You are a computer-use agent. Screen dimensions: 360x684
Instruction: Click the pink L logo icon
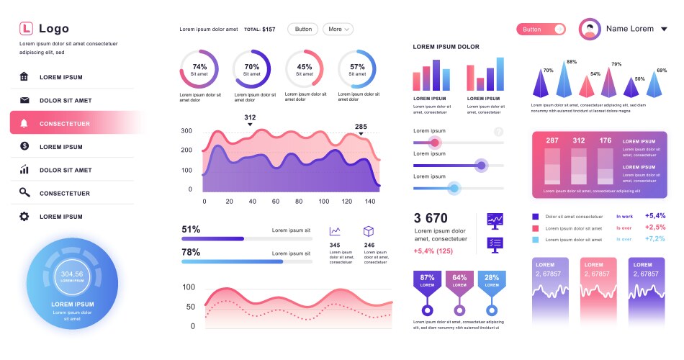(x=26, y=29)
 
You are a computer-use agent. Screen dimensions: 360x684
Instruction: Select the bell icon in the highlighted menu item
(x=24, y=124)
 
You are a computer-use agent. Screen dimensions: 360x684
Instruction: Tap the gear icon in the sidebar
(x=24, y=216)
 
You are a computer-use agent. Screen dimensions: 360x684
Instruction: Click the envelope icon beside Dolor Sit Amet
(x=24, y=101)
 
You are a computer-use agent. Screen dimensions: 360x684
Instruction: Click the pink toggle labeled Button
(x=541, y=30)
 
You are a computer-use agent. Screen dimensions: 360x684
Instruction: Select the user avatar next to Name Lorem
(x=590, y=30)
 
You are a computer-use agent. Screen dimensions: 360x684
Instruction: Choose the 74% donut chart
(x=199, y=69)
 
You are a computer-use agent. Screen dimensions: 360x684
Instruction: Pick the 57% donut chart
(x=357, y=69)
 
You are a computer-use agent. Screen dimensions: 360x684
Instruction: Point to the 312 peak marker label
(x=250, y=117)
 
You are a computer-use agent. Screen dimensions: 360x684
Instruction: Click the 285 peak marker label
(x=361, y=127)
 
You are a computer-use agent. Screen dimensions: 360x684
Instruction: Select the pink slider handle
(x=434, y=143)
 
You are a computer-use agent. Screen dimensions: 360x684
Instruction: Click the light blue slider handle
(x=454, y=189)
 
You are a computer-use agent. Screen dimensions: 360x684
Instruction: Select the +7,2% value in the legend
(x=655, y=239)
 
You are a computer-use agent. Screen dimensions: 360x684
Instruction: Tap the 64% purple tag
(x=459, y=281)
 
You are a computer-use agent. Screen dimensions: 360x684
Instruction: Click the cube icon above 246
(x=369, y=231)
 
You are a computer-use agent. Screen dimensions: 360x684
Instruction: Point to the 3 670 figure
(x=431, y=218)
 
